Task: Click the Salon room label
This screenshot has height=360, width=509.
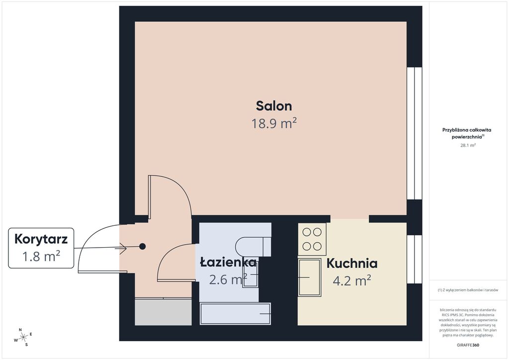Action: pos(274,106)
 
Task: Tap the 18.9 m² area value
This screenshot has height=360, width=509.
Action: pos(274,123)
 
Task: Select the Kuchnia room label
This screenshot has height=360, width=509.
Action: pos(352,263)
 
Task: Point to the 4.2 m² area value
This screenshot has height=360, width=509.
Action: pos(352,280)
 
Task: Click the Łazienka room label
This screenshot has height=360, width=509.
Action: pos(228,262)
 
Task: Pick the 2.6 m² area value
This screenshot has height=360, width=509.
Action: pos(228,279)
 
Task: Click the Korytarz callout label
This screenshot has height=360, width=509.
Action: pos(41,239)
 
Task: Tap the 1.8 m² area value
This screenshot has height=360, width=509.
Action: pos(41,257)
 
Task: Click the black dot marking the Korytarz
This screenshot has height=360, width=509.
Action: pos(142,247)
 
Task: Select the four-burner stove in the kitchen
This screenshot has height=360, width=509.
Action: pos(312,239)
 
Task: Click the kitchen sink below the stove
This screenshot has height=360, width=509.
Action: pos(310,277)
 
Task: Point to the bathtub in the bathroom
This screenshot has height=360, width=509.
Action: pos(235,314)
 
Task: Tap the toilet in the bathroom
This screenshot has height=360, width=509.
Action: pos(253,247)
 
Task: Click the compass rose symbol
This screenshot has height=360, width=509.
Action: pos(23,338)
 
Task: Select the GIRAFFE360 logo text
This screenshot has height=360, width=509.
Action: pos(468,345)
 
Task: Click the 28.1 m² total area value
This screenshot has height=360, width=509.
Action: pos(468,145)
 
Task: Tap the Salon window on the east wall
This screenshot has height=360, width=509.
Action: pos(415,133)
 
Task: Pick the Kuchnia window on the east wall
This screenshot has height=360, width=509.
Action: pos(415,259)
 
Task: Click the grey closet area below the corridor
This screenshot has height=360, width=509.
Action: pos(163,312)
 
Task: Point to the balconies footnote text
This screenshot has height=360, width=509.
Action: pos(468,290)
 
